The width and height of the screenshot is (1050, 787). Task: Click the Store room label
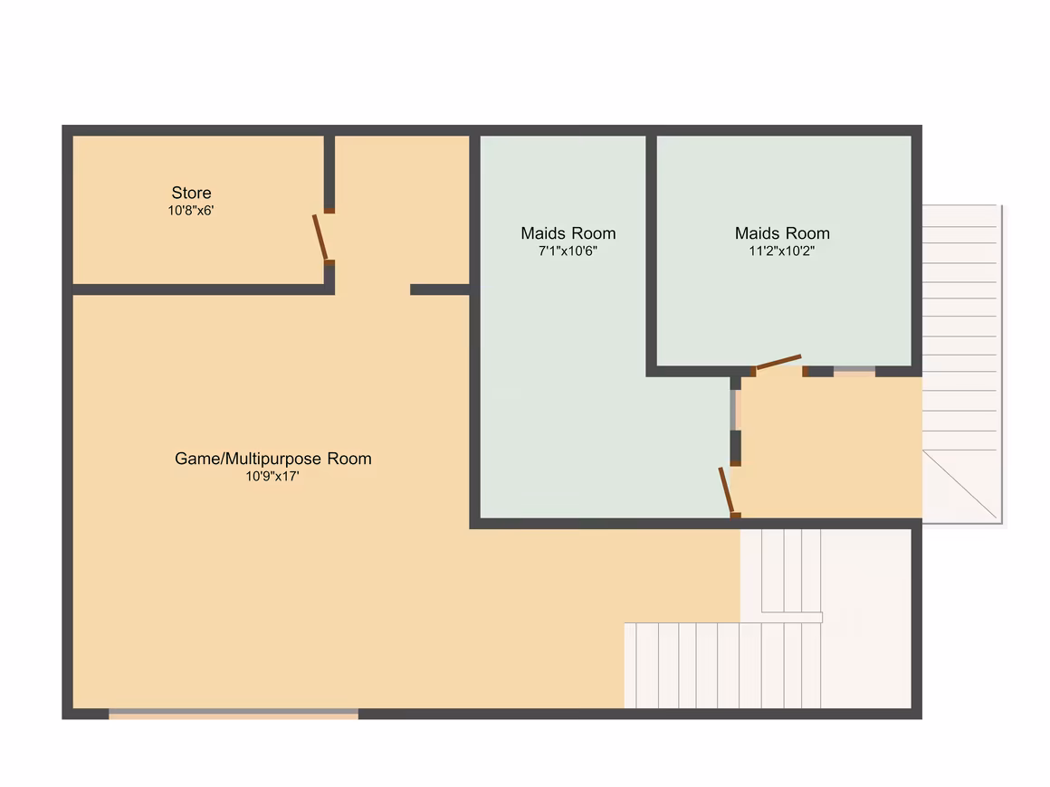click(192, 193)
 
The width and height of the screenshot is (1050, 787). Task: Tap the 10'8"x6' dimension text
click(191, 211)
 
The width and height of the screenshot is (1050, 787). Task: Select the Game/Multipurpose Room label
click(273, 459)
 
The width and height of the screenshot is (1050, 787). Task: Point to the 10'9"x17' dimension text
click(272, 477)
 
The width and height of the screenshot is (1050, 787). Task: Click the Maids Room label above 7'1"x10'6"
click(568, 233)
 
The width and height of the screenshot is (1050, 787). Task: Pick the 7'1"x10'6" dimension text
click(568, 251)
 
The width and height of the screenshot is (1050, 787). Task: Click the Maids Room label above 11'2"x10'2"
click(782, 233)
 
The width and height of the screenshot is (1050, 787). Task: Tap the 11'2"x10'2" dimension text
click(782, 251)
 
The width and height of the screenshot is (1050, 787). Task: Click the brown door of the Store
click(320, 238)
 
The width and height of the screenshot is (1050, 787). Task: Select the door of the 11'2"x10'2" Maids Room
click(777, 362)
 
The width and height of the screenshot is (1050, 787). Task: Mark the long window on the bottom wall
click(234, 714)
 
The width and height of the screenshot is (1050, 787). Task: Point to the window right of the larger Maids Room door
click(854, 372)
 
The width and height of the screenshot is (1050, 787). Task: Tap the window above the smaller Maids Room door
click(735, 410)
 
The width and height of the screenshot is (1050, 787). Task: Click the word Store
click(192, 193)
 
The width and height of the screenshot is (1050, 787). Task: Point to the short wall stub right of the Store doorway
click(439, 289)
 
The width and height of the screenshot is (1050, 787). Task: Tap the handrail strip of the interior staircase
click(792, 617)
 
